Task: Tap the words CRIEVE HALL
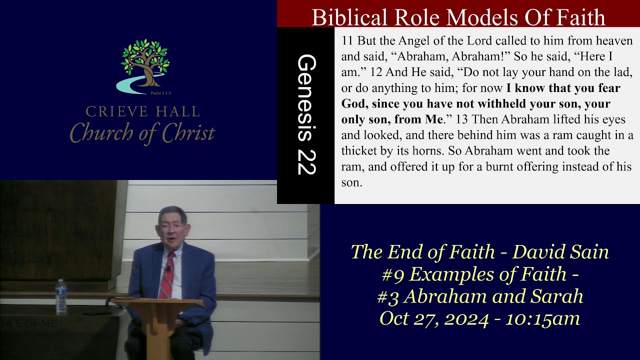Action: point(142,111)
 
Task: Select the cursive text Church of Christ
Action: point(142,133)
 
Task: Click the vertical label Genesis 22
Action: point(306,115)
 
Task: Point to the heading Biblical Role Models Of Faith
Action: point(458,17)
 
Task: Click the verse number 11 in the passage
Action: point(347,41)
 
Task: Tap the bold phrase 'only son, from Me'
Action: point(392,119)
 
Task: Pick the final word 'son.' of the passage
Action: point(351,182)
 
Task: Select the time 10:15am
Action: point(542,318)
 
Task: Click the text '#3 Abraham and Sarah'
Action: point(479,296)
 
